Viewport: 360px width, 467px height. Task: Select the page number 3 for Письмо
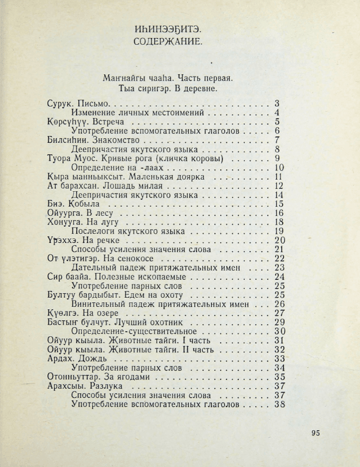[x=277, y=104]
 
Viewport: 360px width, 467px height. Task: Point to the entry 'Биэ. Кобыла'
[x=73, y=203]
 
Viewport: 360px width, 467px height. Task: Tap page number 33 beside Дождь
[x=280, y=359]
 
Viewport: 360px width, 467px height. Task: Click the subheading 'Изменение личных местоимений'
[x=138, y=113]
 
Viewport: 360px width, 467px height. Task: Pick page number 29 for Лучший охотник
[x=280, y=322]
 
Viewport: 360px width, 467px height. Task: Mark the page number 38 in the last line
[x=280, y=405]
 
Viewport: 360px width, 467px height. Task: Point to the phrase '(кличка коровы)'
[x=191, y=158]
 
